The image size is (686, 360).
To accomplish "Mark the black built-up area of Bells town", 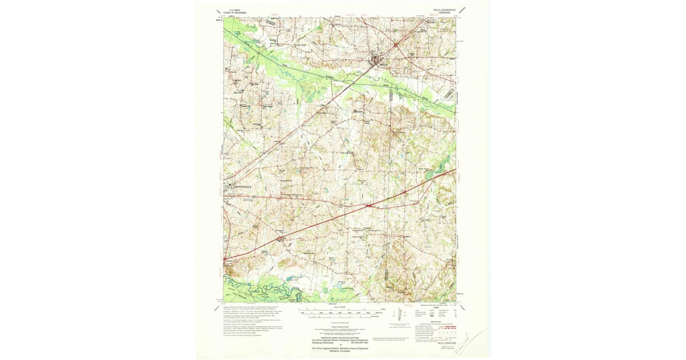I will coord(376,58).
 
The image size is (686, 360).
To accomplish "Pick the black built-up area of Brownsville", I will coord(230,186).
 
